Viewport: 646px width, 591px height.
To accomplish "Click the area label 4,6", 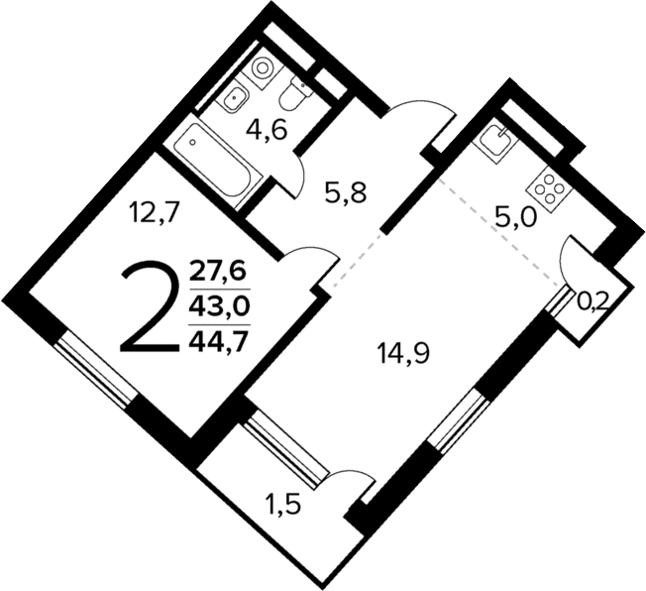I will [267, 130].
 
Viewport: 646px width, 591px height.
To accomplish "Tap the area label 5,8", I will [346, 192].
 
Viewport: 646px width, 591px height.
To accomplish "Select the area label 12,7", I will [152, 211].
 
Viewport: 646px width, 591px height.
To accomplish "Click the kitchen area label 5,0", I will [515, 215].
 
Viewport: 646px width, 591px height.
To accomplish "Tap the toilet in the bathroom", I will [294, 96].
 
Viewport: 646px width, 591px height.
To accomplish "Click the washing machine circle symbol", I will [263, 68].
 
